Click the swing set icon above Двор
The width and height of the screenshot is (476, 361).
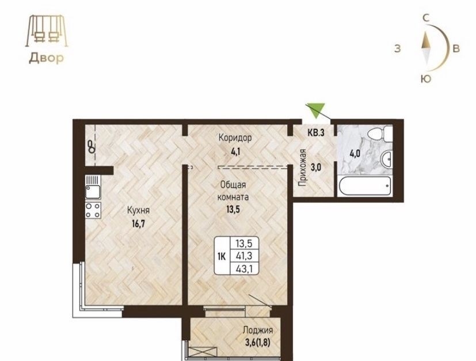point(46,31)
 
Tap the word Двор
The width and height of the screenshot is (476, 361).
point(46,58)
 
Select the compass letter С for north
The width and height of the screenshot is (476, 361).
point(426,18)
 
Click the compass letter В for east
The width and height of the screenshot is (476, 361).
point(456,48)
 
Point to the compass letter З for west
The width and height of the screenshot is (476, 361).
point(397,48)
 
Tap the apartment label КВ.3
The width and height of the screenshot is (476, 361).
point(316,132)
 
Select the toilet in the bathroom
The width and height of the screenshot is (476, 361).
point(379,133)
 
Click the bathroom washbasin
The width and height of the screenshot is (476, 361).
point(386,158)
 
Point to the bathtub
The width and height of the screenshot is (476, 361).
point(365,185)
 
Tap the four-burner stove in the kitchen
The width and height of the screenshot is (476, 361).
point(93,210)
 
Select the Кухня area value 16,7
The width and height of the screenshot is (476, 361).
point(139,224)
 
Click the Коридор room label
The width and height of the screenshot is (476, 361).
point(235,138)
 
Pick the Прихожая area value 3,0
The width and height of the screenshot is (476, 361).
point(316,167)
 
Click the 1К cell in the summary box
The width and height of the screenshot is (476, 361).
point(221,257)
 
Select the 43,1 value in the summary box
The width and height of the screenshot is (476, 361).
point(244,269)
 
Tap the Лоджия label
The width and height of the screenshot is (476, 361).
point(258,330)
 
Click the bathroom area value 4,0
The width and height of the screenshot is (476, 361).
point(355,153)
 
